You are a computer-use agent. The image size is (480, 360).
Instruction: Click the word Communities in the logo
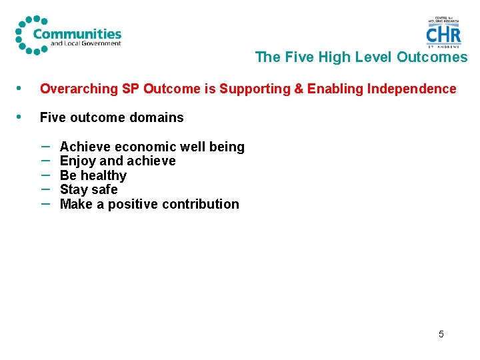pos(77,33)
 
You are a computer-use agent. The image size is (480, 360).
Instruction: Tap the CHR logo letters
pos(443,35)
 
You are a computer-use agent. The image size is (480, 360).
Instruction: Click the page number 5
pos(441,334)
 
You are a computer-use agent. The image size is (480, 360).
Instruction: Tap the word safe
pos(105,189)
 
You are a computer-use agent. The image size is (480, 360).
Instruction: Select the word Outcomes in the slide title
pos(432,57)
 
